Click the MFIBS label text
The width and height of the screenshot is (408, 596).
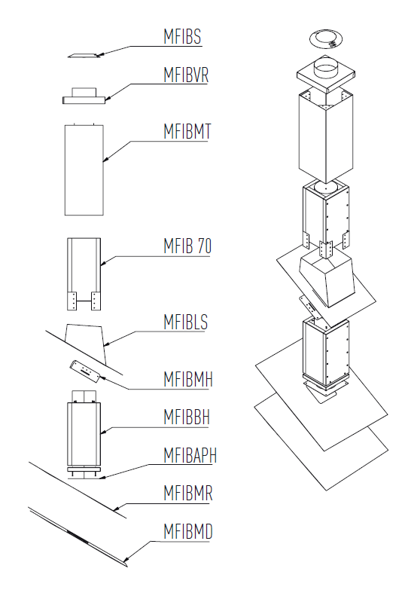(x=182, y=37)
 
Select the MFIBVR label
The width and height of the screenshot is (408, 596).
(x=186, y=75)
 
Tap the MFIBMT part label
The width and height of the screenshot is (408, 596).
(x=187, y=132)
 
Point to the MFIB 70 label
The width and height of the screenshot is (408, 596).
(x=187, y=246)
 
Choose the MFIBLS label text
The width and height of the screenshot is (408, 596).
(x=185, y=322)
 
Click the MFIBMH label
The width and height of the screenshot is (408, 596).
(x=188, y=379)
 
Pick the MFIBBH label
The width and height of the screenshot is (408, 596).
(x=187, y=417)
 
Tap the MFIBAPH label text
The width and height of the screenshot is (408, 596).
(x=190, y=455)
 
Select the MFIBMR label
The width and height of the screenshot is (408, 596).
(x=188, y=493)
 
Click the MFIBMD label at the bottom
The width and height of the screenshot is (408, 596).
(x=188, y=531)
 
